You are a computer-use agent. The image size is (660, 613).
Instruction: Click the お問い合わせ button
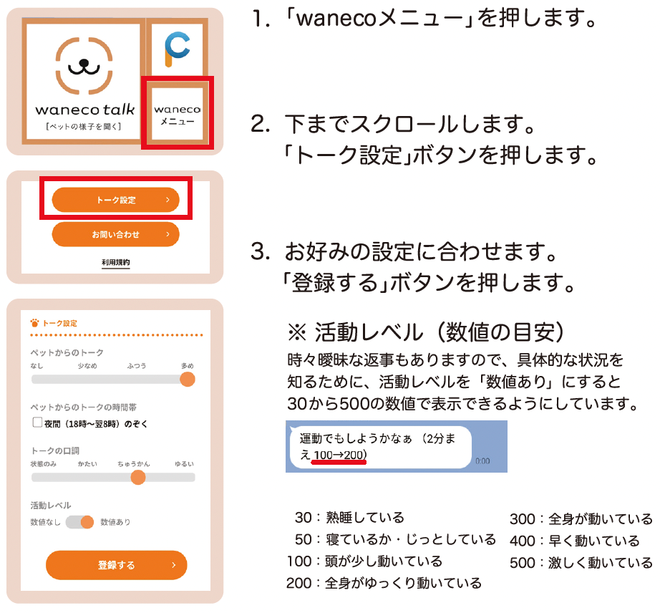tap(116, 234)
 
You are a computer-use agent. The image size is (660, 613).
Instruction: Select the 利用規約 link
tap(116, 263)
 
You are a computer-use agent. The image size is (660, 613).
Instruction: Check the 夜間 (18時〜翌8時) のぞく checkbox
tap(37, 423)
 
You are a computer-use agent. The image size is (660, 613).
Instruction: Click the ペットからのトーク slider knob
tap(187, 379)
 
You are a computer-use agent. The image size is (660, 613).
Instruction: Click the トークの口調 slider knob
tap(139, 477)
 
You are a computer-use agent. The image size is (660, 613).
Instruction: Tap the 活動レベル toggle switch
tap(80, 522)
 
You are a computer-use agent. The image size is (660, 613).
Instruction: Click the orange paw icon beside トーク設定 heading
tap(35, 322)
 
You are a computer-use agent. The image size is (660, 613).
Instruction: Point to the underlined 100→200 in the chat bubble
tap(340, 455)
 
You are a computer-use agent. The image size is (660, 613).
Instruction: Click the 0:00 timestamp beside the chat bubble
tap(482, 461)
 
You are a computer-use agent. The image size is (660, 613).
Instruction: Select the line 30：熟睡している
tap(349, 517)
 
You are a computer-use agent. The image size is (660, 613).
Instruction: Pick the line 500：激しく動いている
tap(581, 563)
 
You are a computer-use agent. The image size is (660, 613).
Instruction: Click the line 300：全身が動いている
tap(581, 518)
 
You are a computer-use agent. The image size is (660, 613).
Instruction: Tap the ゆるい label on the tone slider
tap(185, 463)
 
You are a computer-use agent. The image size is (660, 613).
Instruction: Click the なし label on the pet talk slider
tap(37, 366)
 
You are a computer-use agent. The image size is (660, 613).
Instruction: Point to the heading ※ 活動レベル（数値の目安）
tap(427, 332)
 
